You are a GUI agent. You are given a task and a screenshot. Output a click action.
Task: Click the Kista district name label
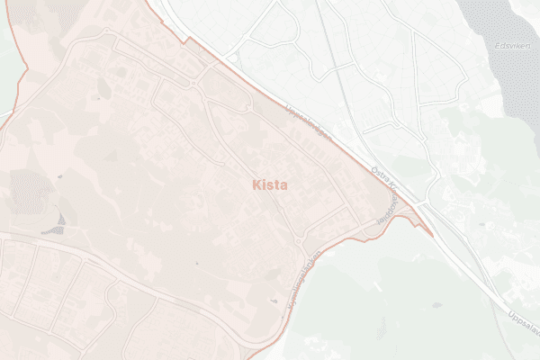[x=268, y=185]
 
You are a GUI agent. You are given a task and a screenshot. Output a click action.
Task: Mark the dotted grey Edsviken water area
[x=508, y=72]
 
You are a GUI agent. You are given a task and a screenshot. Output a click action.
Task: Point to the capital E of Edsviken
[x=497, y=44]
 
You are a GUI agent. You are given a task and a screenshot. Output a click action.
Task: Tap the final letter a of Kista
[x=283, y=185]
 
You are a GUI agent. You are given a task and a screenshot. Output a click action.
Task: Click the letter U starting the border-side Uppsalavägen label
[x=286, y=109]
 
